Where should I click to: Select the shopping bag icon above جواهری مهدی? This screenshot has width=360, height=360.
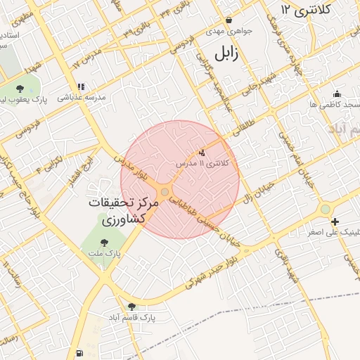point(229,20)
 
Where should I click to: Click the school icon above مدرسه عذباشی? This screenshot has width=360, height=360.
point(81,86)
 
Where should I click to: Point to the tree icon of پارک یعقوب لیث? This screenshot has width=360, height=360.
point(20,89)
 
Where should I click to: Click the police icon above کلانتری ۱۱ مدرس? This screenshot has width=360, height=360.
point(202,152)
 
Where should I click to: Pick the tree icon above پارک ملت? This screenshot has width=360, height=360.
point(105,243)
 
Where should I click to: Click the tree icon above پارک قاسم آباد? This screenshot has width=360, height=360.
point(131,306)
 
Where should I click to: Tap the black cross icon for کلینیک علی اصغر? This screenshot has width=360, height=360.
point(334,222)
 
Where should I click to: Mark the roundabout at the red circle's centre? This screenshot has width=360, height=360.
point(165,192)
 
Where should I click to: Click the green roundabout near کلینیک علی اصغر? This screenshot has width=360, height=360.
point(325,209)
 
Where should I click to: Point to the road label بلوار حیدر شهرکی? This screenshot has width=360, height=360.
point(218,273)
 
